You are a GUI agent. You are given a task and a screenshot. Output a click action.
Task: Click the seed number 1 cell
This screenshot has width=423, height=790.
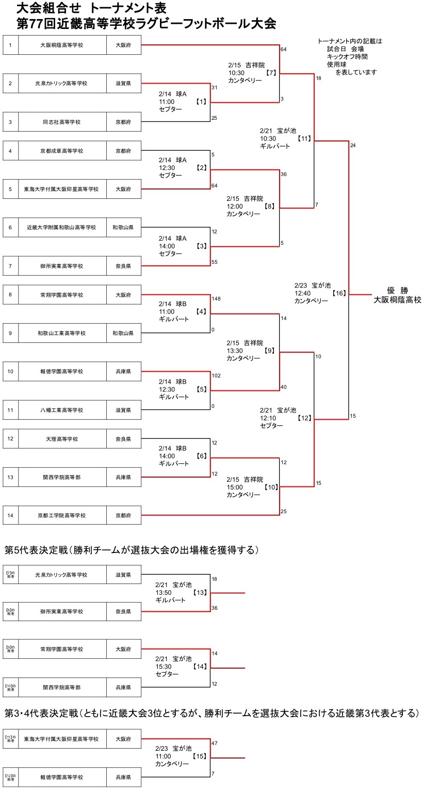(x=10, y=45)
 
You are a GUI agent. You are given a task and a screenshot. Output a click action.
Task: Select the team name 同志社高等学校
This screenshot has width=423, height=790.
(x=62, y=122)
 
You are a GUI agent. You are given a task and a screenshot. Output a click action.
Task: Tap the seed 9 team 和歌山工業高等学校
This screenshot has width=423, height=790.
(x=62, y=333)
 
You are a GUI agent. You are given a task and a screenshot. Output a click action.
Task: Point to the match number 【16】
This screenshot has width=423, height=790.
(x=338, y=293)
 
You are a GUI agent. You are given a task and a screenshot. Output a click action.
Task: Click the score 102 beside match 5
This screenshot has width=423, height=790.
(x=216, y=375)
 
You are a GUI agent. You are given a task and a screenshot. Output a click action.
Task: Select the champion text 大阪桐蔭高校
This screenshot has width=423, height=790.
(x=398, y=300)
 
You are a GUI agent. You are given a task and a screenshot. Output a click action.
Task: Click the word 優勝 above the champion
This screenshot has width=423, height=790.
(x=397, y=290)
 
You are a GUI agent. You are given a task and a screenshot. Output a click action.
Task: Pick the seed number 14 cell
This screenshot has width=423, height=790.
(x=10, y=515)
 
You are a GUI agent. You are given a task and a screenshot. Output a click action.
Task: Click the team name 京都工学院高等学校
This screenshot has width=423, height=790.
(x=62, y=515)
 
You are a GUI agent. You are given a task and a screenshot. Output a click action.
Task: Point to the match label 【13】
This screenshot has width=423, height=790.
(x=202, y=593)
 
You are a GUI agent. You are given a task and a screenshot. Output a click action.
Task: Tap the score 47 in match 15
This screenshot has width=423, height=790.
(x=215, y=743)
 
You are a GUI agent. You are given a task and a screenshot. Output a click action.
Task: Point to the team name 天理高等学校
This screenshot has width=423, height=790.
(x=62, y=439)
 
